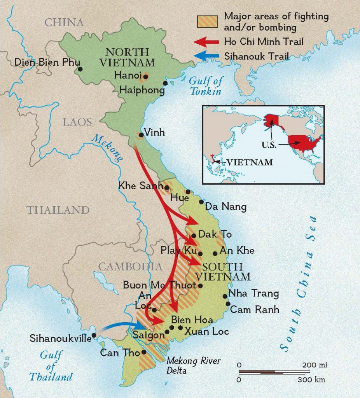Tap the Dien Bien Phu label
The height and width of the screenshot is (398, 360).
(x=47, y=62)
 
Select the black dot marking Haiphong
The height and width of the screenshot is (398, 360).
(x=165, y=83)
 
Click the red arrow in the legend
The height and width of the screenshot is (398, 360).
(x=206, y=42)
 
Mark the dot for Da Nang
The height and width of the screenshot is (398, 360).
(x=201, y=202)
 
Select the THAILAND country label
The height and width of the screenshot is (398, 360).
(x=58, y=210)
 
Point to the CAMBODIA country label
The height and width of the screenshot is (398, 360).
(x=130, y=266)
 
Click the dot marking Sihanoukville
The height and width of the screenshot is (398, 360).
(x=94, y=335)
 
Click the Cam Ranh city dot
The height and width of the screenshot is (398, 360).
(x=228, y=304)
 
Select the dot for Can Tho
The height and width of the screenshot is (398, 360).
(x=144, y=352)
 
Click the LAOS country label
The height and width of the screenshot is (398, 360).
(x=78, y=122)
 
